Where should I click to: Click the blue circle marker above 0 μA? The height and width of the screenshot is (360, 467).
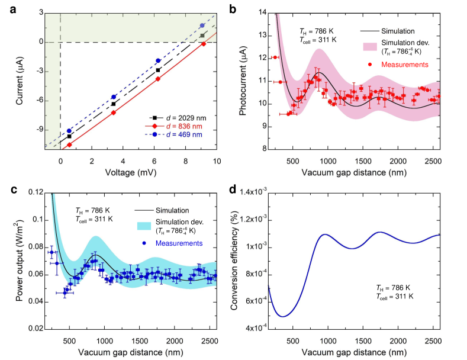[202, 25]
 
